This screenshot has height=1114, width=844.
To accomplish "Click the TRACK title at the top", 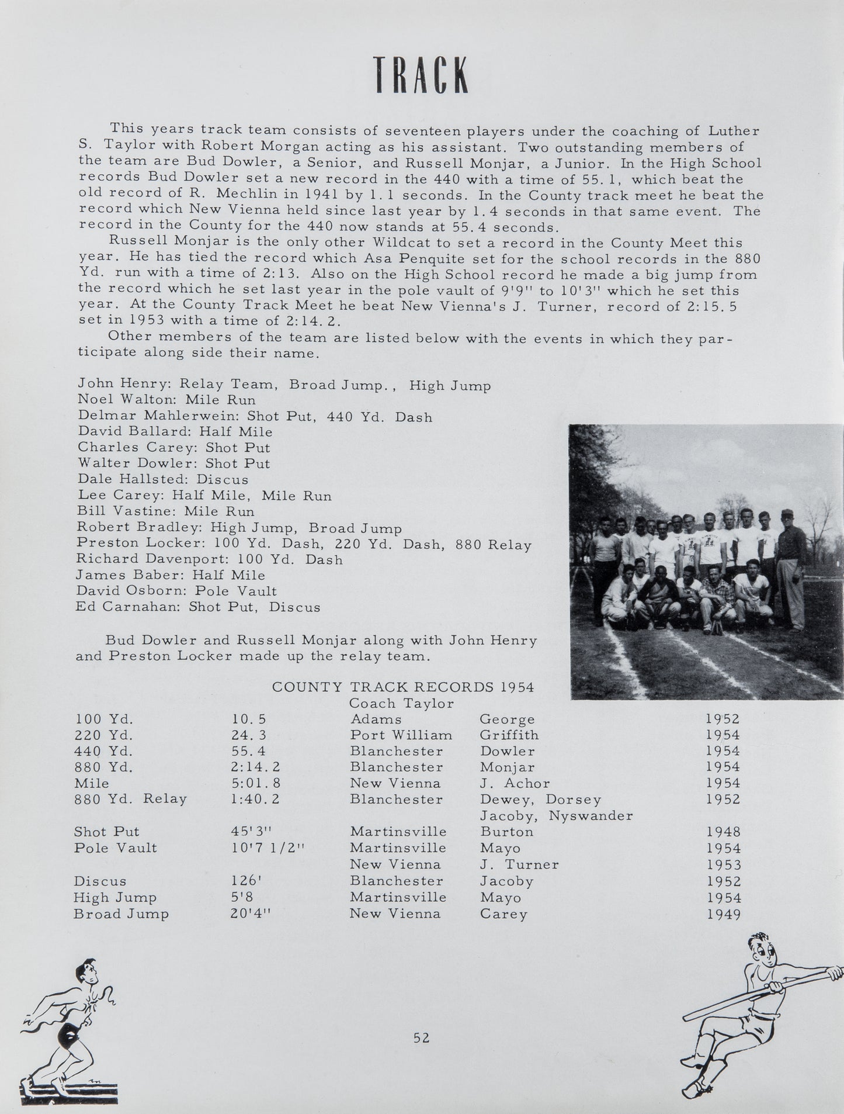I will pos(421,75).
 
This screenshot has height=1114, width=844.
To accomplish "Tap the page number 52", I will pos(421,1038).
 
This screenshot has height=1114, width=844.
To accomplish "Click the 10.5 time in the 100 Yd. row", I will pos(249,719).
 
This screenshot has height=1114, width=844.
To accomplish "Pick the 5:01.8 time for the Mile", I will pos(255,783).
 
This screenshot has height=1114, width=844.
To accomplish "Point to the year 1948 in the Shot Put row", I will pos(723,832).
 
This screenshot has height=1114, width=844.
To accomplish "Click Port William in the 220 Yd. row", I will pos(401,735).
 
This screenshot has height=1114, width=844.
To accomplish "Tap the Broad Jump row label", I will pos(121,914).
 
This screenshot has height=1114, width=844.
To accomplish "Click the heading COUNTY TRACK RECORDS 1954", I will pos(403,687).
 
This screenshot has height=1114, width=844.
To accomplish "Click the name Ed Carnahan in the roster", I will pos(126,607).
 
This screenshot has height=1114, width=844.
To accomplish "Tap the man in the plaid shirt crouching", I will pos(715,596).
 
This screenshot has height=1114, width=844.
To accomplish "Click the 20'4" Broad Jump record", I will pos(252,914).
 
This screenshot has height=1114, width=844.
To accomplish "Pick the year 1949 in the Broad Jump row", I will pos(723,914).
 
